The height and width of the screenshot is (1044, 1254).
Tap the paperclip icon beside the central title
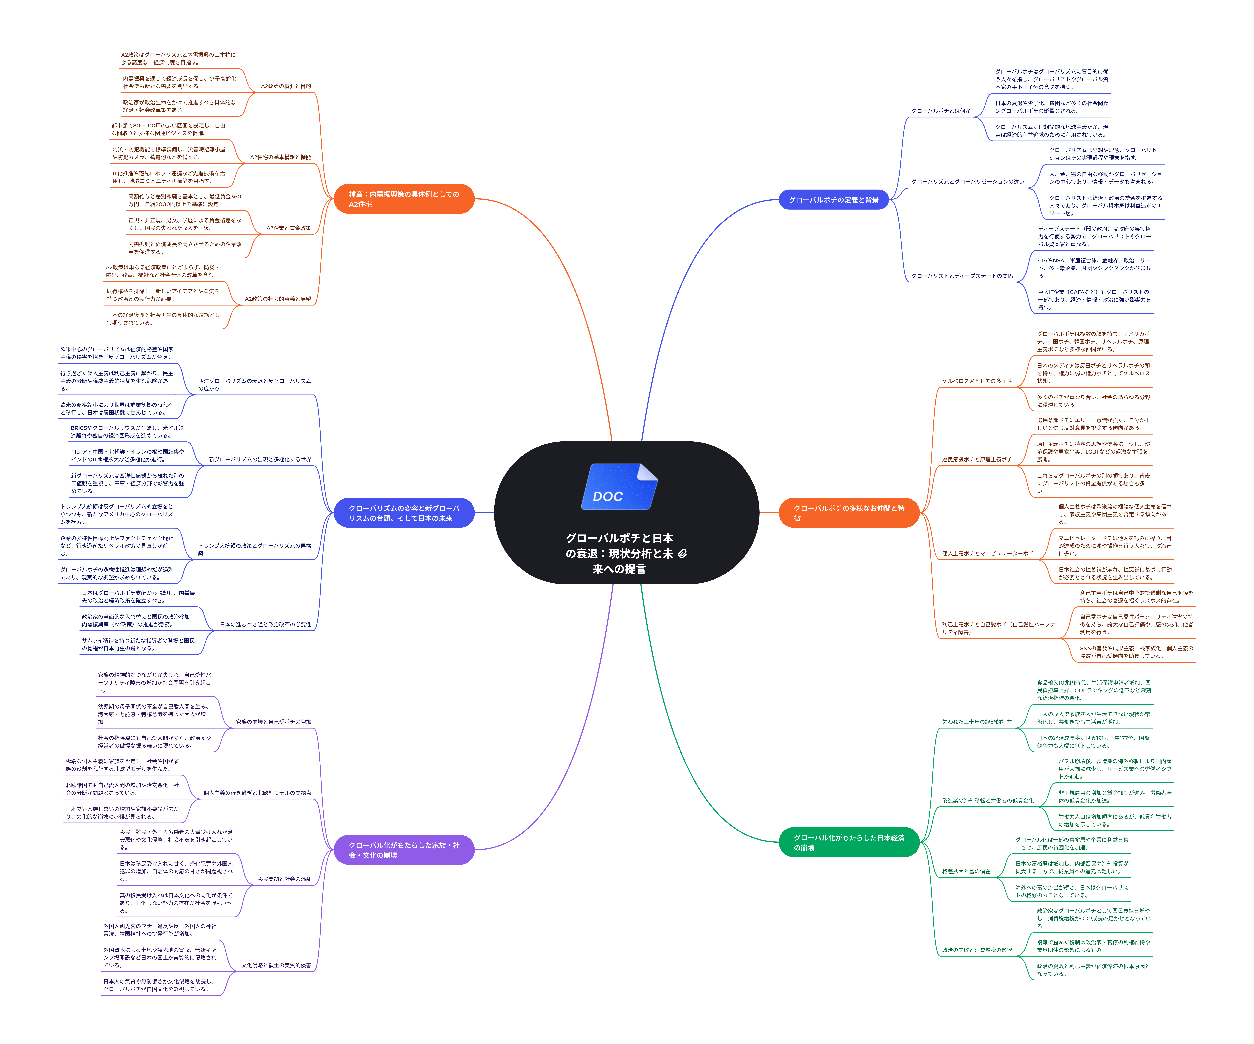tap(683, 553)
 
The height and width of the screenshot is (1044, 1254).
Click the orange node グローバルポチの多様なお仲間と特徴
tap(849, 513)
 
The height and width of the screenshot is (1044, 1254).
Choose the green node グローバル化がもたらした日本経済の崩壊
tap(849, 842)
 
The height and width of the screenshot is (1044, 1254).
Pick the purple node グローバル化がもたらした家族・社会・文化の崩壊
tap(404, 850)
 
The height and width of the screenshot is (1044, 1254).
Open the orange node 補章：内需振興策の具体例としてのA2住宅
tap(404, 199)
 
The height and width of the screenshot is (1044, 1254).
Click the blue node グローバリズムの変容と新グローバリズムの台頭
tap(404, 513)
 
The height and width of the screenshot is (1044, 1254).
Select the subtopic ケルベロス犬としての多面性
tap(977, 381)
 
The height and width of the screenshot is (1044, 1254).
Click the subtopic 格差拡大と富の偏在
tap(966, 871)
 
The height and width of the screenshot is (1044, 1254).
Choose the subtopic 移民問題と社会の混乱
tap(284, 879)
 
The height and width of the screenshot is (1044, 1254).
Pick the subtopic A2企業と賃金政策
tap(288, 228)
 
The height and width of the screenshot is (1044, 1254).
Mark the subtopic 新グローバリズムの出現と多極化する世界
tap(260, 460)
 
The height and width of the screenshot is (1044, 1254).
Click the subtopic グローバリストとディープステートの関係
tap(962, 276)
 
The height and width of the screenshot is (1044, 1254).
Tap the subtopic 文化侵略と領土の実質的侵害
tap(276, 965)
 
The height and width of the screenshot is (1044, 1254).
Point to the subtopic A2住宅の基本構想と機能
tap(280, 157)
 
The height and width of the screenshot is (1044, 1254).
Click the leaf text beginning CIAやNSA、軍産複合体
tap(1094, 268)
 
